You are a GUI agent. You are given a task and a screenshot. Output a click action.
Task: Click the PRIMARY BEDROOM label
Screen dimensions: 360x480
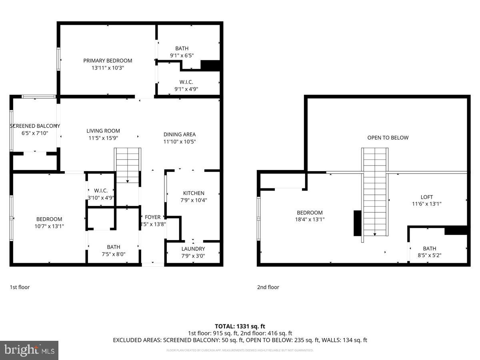click(108, 61)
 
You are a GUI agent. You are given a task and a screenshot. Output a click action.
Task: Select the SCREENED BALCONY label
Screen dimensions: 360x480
click(35, 126)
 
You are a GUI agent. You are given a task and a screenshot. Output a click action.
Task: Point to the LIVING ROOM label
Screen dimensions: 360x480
click(103, 131)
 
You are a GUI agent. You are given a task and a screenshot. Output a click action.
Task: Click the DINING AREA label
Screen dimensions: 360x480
click(180, 134)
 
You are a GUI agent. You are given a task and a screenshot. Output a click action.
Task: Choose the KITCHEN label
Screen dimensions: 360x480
click(194, 193)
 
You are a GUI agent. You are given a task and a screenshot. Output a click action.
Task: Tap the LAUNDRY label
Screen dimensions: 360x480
click(193, 249)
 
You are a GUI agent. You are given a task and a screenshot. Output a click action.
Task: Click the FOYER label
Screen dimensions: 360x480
click(152, 217)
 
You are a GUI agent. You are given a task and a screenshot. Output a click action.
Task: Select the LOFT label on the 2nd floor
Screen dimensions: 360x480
click(427, 197)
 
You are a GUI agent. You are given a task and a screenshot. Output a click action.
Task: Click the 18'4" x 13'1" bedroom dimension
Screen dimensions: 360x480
click(310, 219)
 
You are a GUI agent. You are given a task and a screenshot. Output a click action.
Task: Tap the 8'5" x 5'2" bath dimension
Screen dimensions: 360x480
click(430, 255)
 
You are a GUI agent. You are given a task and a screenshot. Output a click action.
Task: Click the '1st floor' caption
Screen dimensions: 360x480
click(20, 287)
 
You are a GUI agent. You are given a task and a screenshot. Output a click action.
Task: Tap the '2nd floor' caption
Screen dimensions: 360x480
click(268, 287)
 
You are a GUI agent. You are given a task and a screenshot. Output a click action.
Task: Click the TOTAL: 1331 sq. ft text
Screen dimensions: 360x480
click(240, 326)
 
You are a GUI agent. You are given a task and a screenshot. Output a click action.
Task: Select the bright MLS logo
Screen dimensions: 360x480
click(29, 350)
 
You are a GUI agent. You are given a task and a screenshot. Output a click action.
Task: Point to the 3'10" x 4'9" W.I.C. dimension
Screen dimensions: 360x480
click(101, 197)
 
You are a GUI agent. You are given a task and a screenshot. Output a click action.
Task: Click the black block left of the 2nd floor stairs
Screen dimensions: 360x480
click(357, 223)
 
